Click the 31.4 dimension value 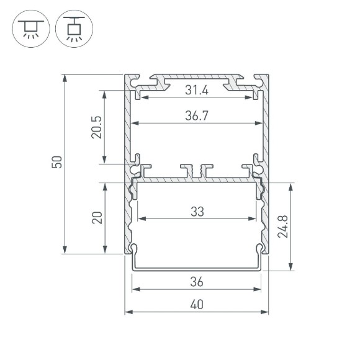click(x=197, y=91)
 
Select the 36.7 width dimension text click(x=197, y=116)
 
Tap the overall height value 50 click(x=56, y=163)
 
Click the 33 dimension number click(x=197, y=212)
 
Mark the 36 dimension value click(x=197, y=282)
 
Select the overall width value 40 click(x=197, y=305)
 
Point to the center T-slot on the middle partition click(x=197, y=169)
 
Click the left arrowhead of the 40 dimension click(x=128, y=312)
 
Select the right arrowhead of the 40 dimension click(x=266, y=312)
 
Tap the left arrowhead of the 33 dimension click(x=139, y=218)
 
